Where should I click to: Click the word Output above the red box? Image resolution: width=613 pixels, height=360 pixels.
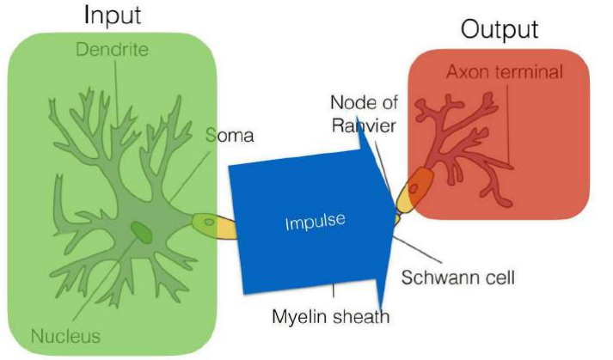500,28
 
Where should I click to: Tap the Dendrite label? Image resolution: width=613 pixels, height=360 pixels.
112,49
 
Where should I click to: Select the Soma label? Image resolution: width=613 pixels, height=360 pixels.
230,135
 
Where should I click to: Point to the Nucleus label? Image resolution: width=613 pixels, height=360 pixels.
65,335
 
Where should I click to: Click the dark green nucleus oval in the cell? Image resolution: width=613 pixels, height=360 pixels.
139,230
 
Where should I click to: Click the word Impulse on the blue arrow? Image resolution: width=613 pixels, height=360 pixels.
315,223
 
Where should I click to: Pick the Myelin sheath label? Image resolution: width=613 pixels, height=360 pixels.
330,317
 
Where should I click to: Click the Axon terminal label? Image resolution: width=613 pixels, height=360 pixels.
504,71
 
